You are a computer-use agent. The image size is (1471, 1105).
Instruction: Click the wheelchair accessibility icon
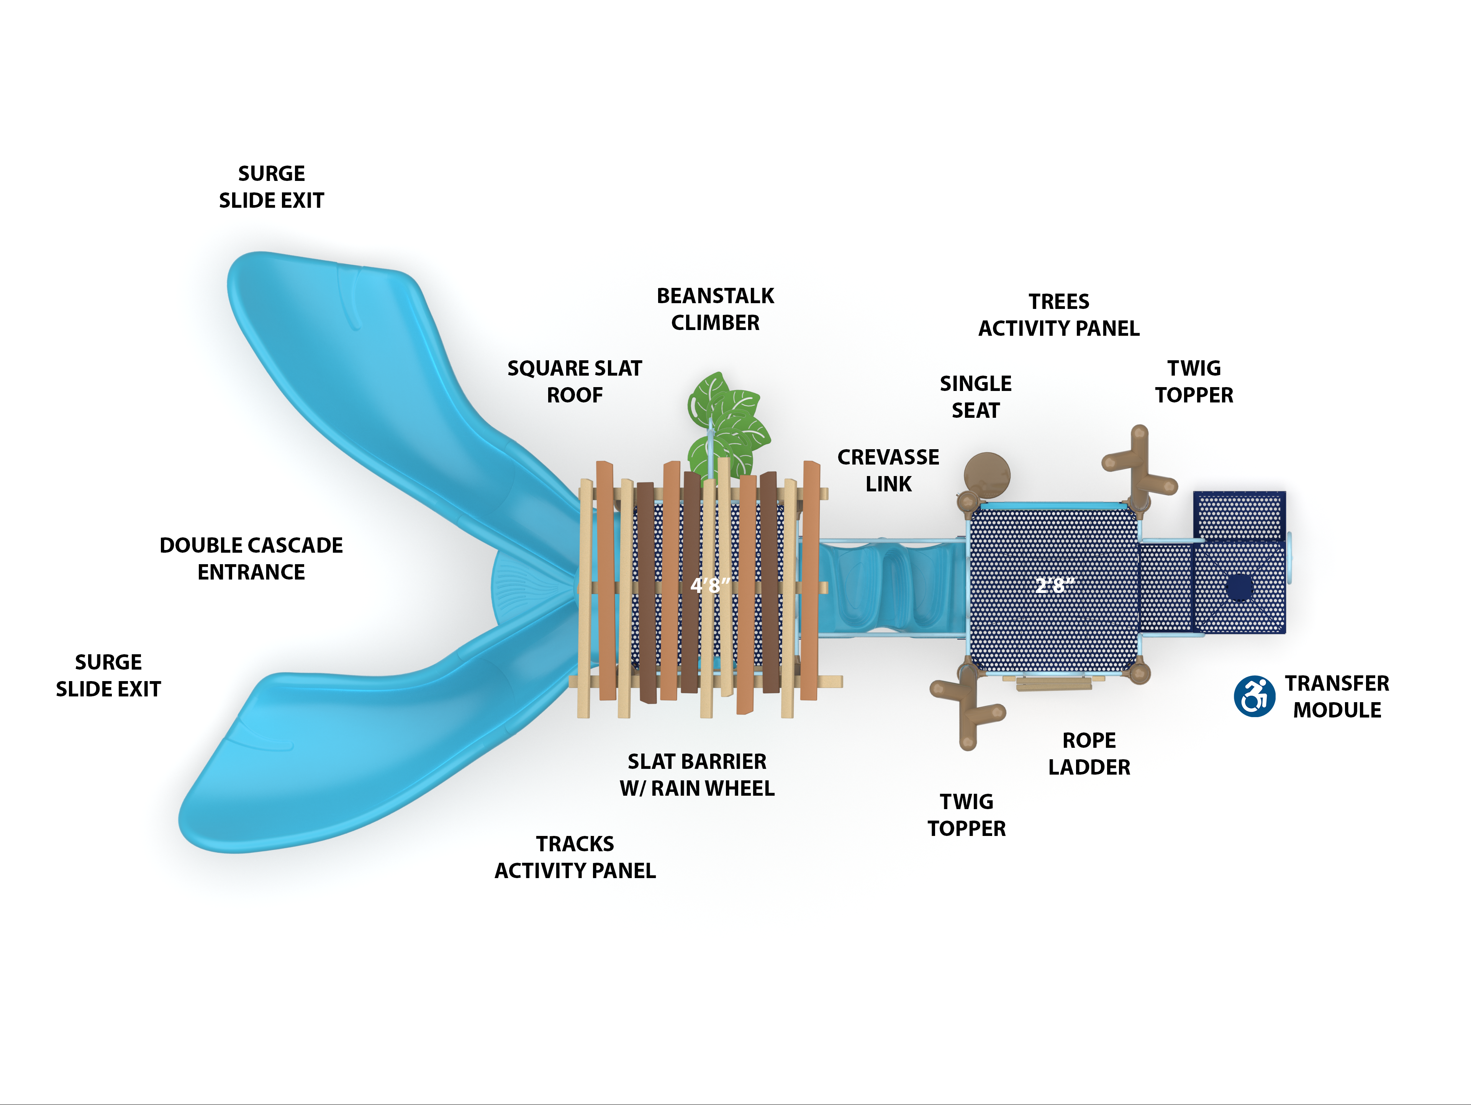click(1254, 696)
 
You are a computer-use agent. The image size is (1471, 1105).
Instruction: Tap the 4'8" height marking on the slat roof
click(709, 585)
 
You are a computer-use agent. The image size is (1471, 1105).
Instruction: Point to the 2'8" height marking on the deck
click(1055, 585)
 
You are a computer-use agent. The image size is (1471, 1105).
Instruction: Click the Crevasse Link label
click(888, 470)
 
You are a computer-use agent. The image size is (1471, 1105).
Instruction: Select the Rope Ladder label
click(1089, 754)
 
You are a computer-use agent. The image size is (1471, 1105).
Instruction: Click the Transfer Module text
click(1337, 696)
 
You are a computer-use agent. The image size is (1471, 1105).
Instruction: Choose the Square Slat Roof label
click(575, 382)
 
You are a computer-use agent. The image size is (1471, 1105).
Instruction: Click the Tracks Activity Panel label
click(575, 857)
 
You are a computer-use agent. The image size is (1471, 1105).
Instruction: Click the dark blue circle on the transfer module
click(1240, 587)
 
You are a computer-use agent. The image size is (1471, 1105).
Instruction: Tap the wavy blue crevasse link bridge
click(891, 585)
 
